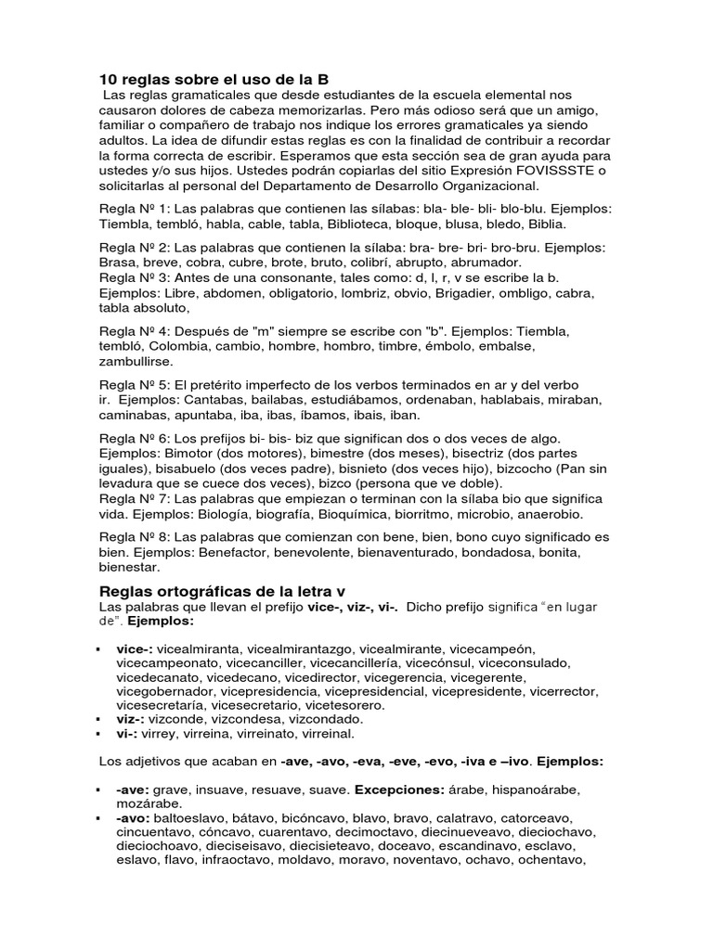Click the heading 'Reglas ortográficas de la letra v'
[x=222, y=592]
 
